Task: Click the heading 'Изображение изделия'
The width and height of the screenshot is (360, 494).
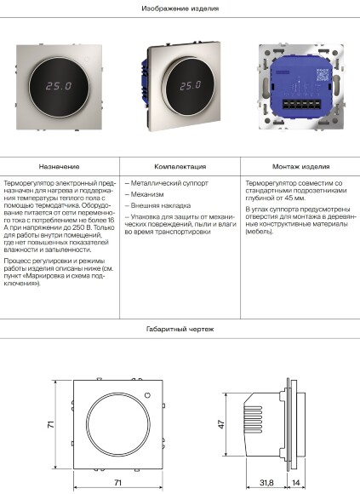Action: (x=180, y=9)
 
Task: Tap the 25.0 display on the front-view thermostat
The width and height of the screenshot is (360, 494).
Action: (x=59, y=86)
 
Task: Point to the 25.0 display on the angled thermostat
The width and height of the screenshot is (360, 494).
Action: (x=190, y=85)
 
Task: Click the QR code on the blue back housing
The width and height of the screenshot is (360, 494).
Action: (x=323, y=75)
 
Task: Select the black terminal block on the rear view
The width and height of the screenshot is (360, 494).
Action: (x=301, y=104)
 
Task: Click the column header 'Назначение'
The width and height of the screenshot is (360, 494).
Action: (x=60, y=167)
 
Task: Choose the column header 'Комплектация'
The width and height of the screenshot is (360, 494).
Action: (x=180, y=167)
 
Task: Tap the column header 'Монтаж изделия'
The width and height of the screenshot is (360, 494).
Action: (x=300, y=167)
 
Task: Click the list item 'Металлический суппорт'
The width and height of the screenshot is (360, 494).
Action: (x=167, y=183)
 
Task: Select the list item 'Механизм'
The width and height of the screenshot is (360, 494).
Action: (x=144, y=194)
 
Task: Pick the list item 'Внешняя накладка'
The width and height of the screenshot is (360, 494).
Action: (x=157, y=206)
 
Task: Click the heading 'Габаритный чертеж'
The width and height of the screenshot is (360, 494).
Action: (x=180, y=330)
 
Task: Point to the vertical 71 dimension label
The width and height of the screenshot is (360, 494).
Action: (x=51, y=424)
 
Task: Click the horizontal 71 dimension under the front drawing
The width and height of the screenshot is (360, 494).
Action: (x=117, y=482)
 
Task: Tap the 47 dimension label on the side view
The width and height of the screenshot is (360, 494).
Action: (x=221, y=424)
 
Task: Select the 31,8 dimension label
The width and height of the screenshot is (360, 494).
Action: (x=266, y=482)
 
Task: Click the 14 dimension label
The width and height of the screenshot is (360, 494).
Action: (x=296, y=482)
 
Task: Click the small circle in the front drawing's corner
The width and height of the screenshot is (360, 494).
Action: (x=147, y=395)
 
